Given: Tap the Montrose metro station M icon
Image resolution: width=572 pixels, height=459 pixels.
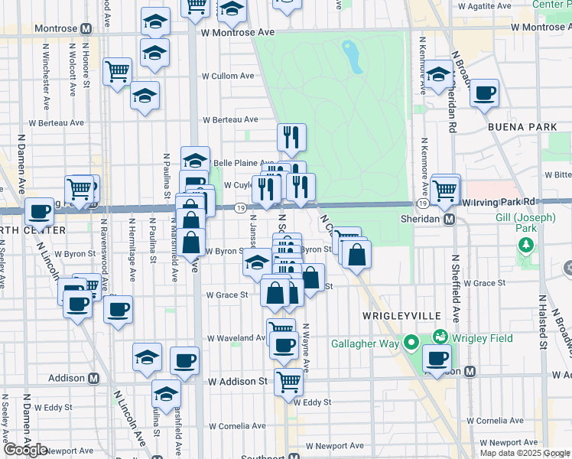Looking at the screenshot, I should click(x=86, y=28).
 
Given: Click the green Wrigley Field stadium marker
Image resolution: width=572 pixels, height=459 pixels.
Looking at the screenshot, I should click(x=440, y=336).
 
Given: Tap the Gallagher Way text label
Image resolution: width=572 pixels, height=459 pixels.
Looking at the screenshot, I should click(x=365, y=343).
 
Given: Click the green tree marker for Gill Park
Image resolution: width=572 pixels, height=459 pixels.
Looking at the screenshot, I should click(x=525, y=246).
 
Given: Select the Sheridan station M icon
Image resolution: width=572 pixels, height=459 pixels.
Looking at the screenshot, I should click(x=450, y=219).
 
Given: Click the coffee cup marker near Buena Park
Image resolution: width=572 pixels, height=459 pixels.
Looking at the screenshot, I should click(x=484, y=93).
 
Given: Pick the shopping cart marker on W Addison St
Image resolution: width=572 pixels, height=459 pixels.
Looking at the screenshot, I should click(x=288, y=379).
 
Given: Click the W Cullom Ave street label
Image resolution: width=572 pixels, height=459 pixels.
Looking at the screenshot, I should click(x=228, y=76).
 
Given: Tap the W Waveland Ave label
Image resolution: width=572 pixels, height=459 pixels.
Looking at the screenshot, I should click(x=238, y=337).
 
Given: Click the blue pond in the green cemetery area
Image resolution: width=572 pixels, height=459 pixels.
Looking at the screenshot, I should click(x=353, y=57).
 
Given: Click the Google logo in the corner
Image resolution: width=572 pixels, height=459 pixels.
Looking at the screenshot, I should click(x=25, y=450).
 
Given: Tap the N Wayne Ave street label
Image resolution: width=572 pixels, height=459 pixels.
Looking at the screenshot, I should click(x=305, y=348).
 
